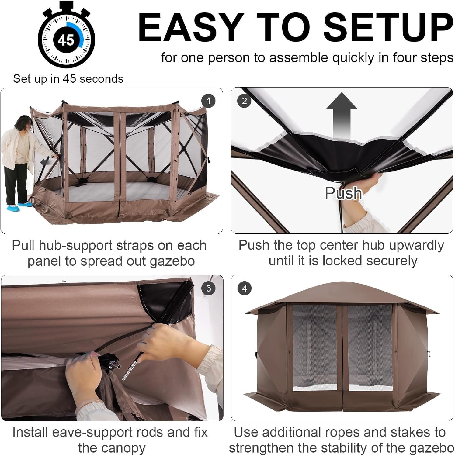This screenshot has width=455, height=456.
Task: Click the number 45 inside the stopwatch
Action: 66,40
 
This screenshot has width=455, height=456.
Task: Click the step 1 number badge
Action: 208,101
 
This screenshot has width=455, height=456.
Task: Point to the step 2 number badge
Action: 245,101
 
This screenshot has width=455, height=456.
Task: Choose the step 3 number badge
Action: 208,288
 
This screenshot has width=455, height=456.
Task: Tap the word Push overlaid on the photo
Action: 343,193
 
